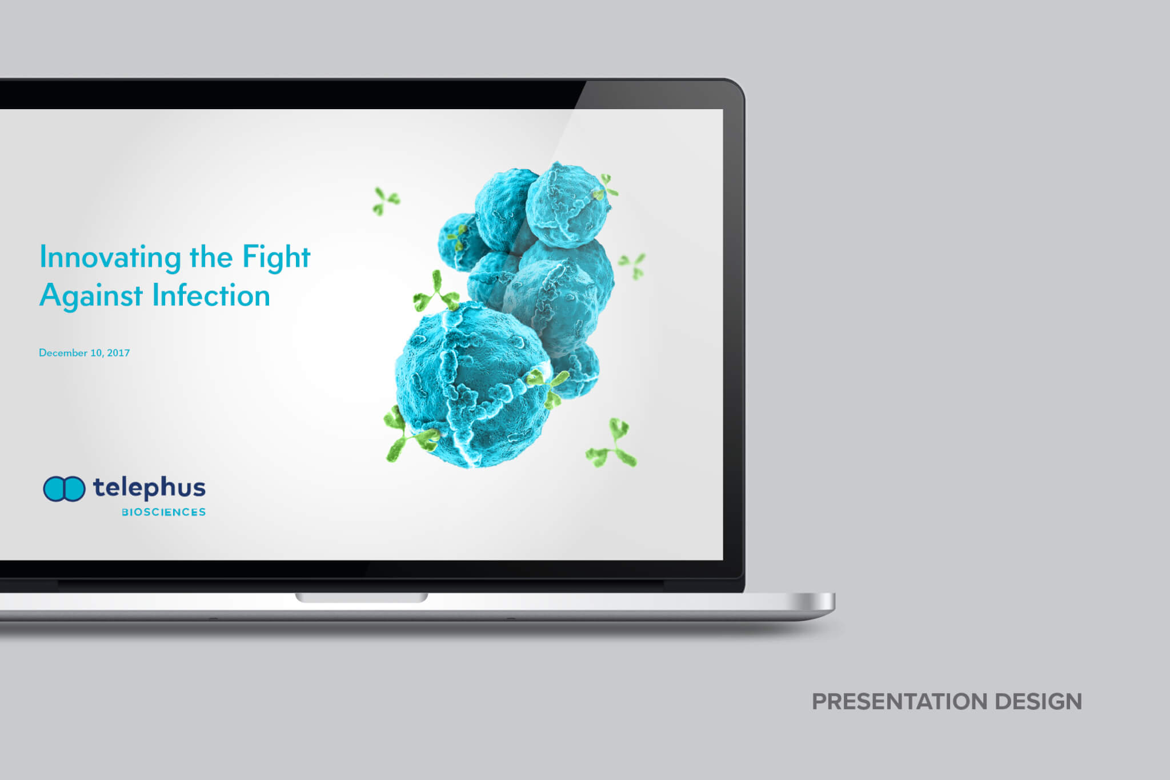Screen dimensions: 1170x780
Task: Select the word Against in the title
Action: (91, 296)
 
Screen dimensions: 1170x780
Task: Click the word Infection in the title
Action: (211, 295)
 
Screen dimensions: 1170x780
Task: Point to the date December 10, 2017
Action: (85, 353)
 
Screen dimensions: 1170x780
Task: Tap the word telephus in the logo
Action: (149, 488)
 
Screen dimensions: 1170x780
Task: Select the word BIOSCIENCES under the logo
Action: (164, 512)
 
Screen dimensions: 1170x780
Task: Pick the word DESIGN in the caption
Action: (1039, 702)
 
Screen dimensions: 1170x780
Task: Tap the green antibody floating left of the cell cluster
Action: (386, 201)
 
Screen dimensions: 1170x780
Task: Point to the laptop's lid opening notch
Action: (361, 598)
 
